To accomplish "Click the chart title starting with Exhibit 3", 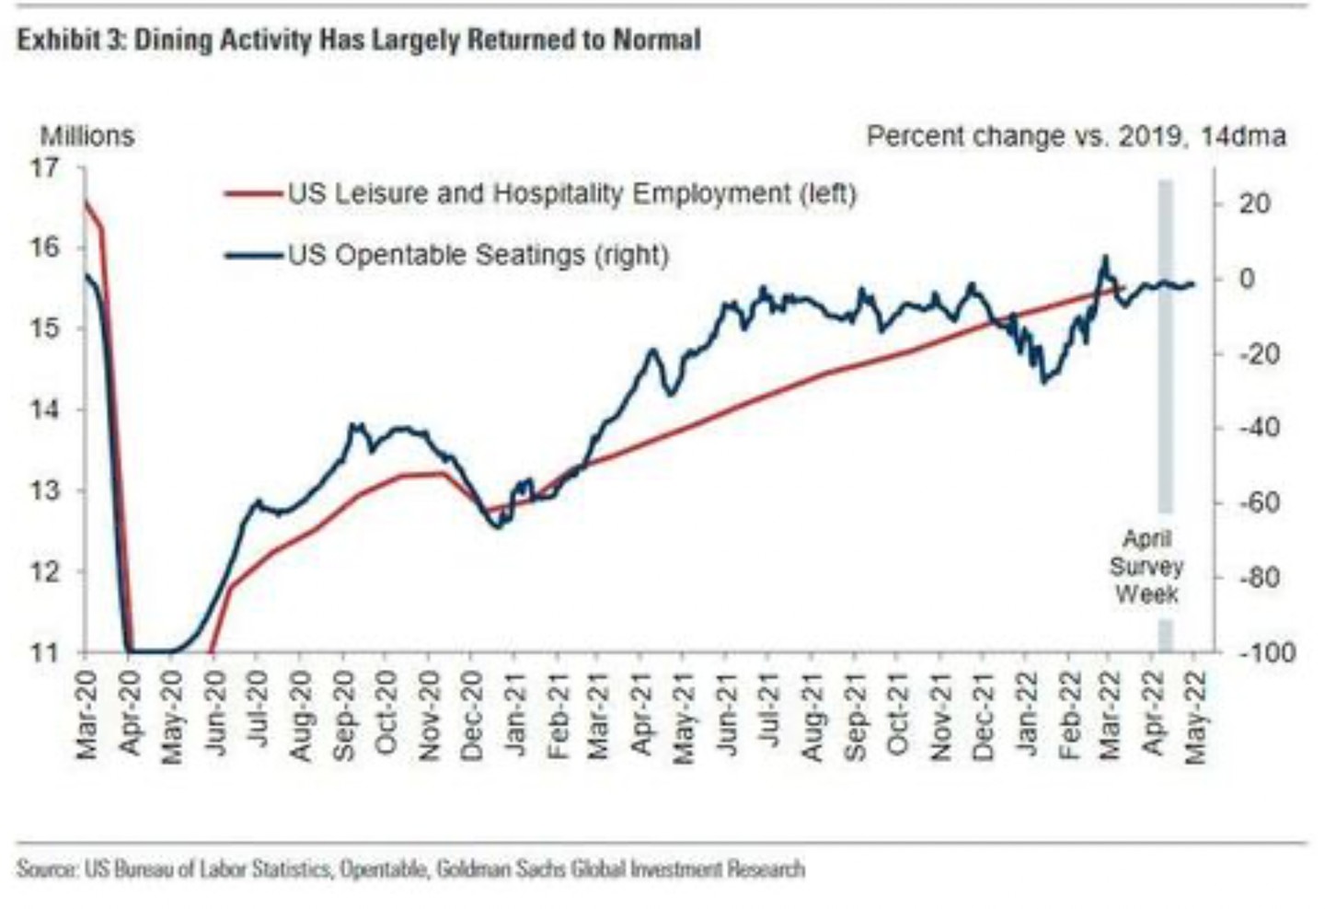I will [x=359, y=40].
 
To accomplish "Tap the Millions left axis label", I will [x=86, y=136].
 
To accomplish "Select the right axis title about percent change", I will [x=1076, y=136].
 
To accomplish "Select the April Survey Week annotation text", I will [x=1146, y=567].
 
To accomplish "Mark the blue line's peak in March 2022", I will [x=1104, y=257].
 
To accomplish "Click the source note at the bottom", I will [x=410, y=869].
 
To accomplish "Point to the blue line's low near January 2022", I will [x=1043, y=382].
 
